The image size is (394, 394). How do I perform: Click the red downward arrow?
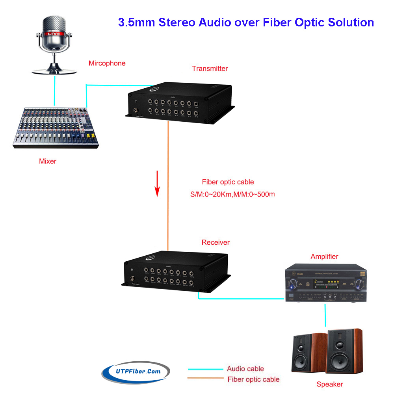click(x=157, y=183)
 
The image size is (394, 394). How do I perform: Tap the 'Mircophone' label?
click(x=107, y=63)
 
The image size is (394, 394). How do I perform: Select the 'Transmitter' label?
click(x=210, y=69)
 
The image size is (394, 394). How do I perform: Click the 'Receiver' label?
click(x=216, y=242)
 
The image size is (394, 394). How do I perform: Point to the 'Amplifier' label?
click(x=324, y=256)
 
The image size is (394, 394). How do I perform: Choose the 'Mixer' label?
click(x=48, y=161)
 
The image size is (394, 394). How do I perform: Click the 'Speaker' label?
click(x=330, y=384)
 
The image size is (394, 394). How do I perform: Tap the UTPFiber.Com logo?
click(x=136, y=371)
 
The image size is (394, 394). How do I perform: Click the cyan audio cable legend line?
click(x=204, y=369)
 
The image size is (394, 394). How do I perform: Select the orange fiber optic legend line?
click(x=204, y=378)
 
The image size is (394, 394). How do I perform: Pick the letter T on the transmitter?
click(x=136, y=102)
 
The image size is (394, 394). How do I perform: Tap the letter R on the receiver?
click(x=132, y=270)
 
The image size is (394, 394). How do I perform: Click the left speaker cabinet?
click(x=305, y=351)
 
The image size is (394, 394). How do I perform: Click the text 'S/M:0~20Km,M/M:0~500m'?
click(x=232, y=194)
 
